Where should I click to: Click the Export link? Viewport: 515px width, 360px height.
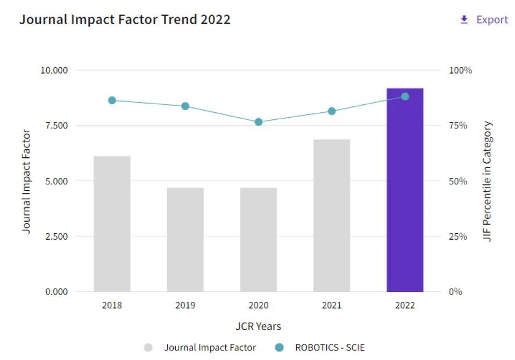click(x=484, y=20)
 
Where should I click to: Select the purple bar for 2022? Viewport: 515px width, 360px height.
click(x=405, y=193)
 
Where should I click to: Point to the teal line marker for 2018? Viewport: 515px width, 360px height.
click(x=112, y=100)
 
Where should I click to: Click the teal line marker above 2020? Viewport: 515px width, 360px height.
click(x=259, y=122)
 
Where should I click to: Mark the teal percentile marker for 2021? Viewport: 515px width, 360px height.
click(x=332, y=111)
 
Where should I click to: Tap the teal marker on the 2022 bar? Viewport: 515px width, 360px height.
click(x=405, y=97)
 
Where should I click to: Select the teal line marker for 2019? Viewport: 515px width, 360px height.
click(x=185, y=106)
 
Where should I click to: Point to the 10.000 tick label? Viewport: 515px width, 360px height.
click(x=54, y=70)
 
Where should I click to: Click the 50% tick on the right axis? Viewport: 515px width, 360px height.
click(x=459, y=181)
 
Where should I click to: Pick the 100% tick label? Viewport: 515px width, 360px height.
click(x=460, y=70)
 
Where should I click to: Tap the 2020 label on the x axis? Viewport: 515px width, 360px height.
click(x=259, y=306)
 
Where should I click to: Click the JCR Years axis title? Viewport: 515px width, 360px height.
click(x=258, y=326)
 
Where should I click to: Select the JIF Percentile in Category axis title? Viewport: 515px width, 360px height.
click(x=488, y=182)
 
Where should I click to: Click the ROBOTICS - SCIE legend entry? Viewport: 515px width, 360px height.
click(x=330, y=348)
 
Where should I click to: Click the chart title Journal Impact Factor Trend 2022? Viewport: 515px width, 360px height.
click(x=125, y=20)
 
